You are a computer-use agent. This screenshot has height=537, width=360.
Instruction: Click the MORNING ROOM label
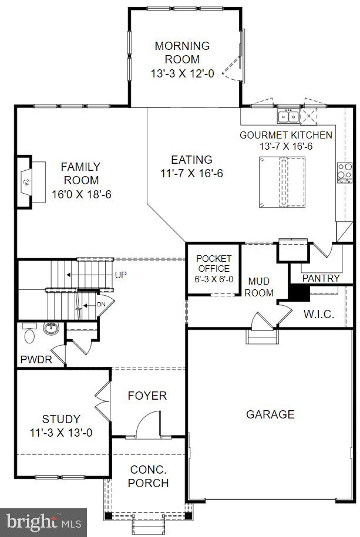[182, 52]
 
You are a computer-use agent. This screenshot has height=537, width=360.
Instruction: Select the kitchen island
[281, 182]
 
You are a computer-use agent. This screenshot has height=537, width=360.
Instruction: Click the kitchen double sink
[288, 116]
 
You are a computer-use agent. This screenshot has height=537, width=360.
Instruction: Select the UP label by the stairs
[121, 275]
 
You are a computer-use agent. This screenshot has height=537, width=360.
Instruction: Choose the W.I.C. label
[318, 314]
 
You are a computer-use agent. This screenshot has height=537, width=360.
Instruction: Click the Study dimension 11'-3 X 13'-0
[61, 433]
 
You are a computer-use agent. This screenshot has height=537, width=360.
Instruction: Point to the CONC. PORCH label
[149, 477]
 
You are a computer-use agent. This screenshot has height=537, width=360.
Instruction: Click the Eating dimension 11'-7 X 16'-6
[191, 174]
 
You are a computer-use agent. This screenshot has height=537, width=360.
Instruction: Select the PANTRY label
[321, 278]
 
